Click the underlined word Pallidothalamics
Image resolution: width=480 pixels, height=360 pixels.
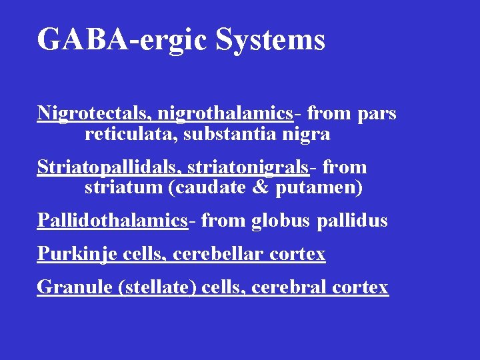[112, 220]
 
